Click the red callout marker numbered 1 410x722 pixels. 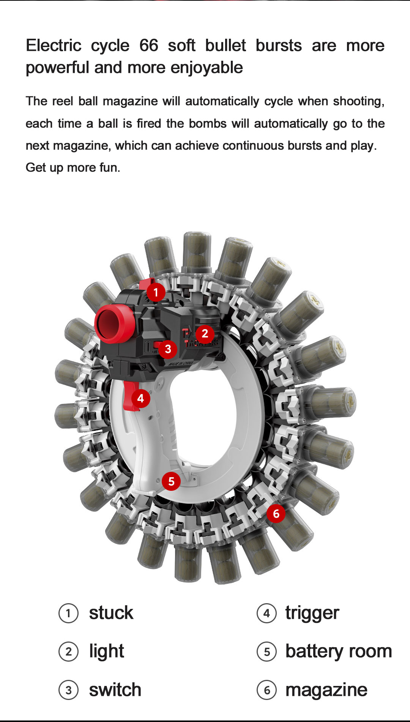pos(156,292)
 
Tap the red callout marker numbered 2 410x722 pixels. pos(205,333)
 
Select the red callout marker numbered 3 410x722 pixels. pos(168,349)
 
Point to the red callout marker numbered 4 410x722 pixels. pos(140,398)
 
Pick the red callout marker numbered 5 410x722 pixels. pos(171,481)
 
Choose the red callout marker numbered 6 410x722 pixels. pos(276,514)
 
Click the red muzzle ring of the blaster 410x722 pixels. pos(114,324)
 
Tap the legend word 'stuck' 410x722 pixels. pos(111,613)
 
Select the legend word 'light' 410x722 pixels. pos(107,652)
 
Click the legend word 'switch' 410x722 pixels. pos(115,690)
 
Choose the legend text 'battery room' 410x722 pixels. pos(339,651)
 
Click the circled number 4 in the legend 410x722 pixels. pos(266,613)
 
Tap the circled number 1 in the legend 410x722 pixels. pos(68,613)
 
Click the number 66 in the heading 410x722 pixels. pos(149,46)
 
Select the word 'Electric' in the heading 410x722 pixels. pos(54,46)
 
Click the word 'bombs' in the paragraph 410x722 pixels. pos(208,123)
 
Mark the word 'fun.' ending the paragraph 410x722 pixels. pos(109,167)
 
